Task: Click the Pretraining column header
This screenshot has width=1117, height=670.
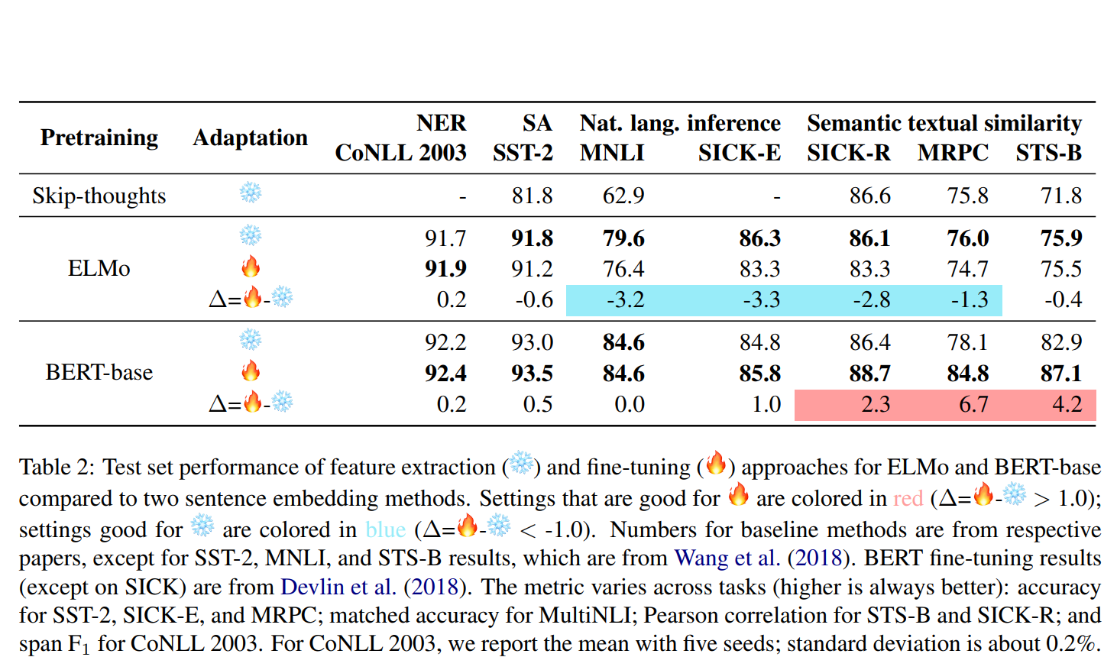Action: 99,138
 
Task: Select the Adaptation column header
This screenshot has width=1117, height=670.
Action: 250,138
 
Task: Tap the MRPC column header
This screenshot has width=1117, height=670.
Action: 953,153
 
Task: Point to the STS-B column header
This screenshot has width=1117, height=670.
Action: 1048,153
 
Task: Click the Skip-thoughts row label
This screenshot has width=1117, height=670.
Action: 99,196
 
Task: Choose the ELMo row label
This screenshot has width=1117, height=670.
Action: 99,268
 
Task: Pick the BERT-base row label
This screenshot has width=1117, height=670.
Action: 99,372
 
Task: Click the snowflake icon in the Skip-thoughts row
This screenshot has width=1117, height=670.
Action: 251,193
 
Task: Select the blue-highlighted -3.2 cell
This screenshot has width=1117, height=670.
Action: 625,299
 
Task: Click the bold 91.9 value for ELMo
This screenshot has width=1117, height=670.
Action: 445,269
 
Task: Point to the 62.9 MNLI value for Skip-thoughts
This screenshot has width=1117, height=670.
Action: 623,196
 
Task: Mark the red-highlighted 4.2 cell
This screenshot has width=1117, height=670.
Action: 1067,404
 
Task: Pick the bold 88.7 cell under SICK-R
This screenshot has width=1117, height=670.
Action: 869,373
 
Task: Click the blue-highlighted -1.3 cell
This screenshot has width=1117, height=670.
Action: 970,299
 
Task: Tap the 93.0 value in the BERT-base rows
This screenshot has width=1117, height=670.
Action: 532,341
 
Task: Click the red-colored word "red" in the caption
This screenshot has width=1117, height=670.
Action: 908,499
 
